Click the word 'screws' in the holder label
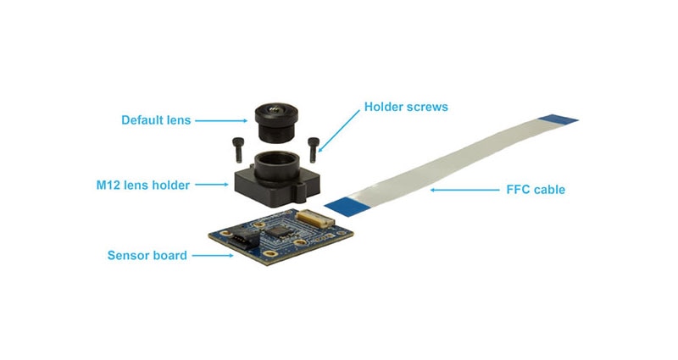(427, 108)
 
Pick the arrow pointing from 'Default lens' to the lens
(221, 120)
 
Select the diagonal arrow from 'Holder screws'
(339, 130)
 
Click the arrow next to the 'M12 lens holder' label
(211, 185)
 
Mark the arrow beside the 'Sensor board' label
(213, 256)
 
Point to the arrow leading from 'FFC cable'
(464, 190)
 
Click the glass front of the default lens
(275, 109)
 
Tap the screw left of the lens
(237, 150)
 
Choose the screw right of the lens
(314, 150)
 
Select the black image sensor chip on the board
(276, 230)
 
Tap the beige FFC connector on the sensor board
(316, 216)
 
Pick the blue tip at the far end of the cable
(559, 119)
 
